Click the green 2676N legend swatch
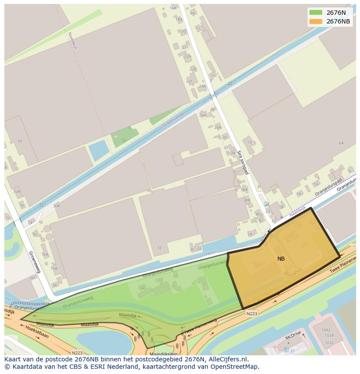coord(316,12)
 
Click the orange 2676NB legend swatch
coord(316,21)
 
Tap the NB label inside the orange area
coord(281,258)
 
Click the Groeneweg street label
coord(34,261)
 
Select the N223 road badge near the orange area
coord(251,313)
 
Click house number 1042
coord(326,330)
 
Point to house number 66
coord(20,141)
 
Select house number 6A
coord(341,143)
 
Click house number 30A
coord(57,206)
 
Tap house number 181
coord(32,278)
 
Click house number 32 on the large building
coord(159,248)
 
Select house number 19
coord(249,142)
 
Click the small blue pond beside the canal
coord(99,150)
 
